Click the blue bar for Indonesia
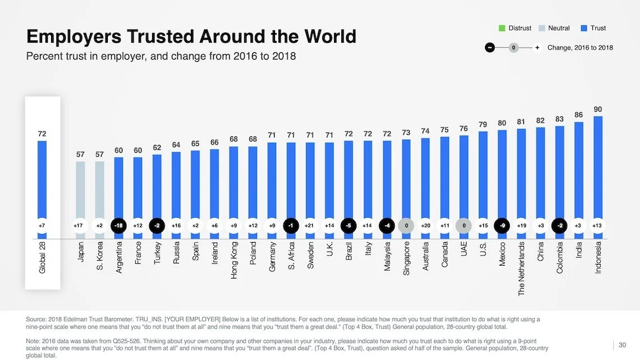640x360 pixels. coord(598,168)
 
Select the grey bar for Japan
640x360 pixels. coord(80,191)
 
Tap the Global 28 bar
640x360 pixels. coord(42,180)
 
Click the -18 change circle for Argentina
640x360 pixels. coord(118,226)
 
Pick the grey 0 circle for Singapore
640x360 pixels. coord(406,226)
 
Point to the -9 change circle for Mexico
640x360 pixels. coord(502,226)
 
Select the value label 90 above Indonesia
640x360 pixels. coord(598,108)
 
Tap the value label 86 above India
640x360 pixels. coord(579,115)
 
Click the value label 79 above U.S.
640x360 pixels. coord(483,124)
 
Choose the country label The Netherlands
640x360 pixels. coord(522,269)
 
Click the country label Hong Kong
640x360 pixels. coord(234,261)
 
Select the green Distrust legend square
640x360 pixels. coord(502,28)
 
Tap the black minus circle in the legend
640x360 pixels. coord(490,48)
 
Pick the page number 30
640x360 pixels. coord(622,345)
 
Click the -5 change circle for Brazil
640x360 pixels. coord(349,226)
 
